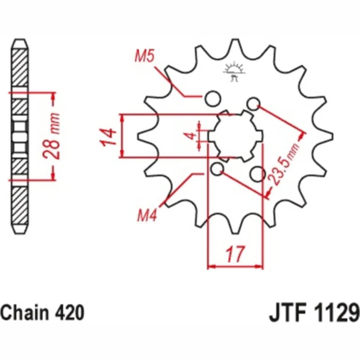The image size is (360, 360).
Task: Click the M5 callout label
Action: [x=144, y=56]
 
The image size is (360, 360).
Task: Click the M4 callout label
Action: [x=147, y=216]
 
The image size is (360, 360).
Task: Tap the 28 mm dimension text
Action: [x=51, y=136]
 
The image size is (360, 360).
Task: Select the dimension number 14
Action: [x=108, y=138]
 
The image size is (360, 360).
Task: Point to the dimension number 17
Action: [x=235, y=254]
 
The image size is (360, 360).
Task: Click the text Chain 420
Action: [x=43, y=313]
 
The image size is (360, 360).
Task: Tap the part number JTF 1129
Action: [x=314, y=313]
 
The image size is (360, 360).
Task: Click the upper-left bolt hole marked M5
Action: [x=213, y=99]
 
